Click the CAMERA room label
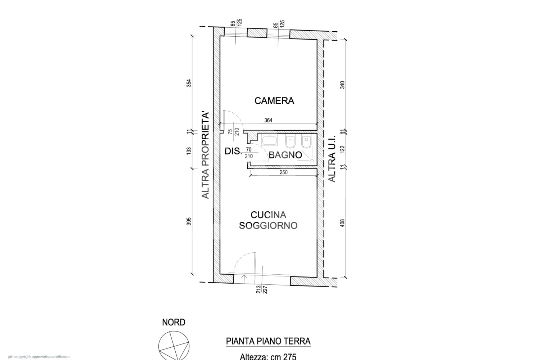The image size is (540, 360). tap(274, 101)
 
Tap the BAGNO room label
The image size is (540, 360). tap(285, 155)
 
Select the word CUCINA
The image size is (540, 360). tap(268, 215)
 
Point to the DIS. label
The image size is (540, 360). tap(233, 151)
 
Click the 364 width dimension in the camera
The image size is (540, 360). tap(268, 121)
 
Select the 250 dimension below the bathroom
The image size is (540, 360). tap(283, 172)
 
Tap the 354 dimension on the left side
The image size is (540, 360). tap(189, 83)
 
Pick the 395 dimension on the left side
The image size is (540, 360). tap(189, 221)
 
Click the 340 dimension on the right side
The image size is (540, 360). tap(342, 85)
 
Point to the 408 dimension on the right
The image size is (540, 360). tap(342, 223)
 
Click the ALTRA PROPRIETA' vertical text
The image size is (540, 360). tap(205, 155)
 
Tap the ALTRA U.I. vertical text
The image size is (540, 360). tap(332, 159)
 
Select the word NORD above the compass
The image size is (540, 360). tap(174, 322)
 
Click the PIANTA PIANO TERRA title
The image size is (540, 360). tap(268, 341)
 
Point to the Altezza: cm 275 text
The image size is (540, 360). tap(268, 356)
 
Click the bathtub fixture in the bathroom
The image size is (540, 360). tap(270, 140)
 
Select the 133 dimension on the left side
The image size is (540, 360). tap(189, 151)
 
